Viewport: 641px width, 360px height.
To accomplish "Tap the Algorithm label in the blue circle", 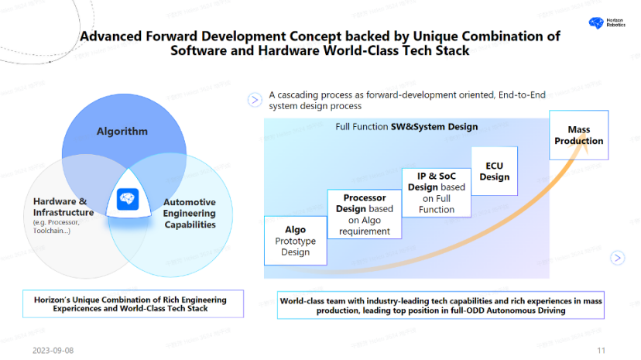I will [x=122, y=131].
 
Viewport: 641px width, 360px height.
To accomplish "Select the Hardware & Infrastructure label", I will [x=63, y=207].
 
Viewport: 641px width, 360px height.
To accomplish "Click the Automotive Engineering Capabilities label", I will [x=190, y=213].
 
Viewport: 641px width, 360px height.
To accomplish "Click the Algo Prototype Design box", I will [x=295, y=240].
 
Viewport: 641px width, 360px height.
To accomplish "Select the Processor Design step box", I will [x=365, y=214].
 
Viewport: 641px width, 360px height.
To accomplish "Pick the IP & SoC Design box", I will [x=437, y=191].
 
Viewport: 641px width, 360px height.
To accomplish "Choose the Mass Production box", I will [x=578, y=135].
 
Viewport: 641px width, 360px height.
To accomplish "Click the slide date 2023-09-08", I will [x=53, y=350].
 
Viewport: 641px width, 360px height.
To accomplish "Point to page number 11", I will [x=601, y=350].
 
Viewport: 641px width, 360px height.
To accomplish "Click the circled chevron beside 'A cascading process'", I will [x=254, y=100].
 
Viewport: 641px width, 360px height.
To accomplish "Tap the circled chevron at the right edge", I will [x=617, y=258].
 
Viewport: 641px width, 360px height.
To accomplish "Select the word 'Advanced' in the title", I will [x=111, y=36].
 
